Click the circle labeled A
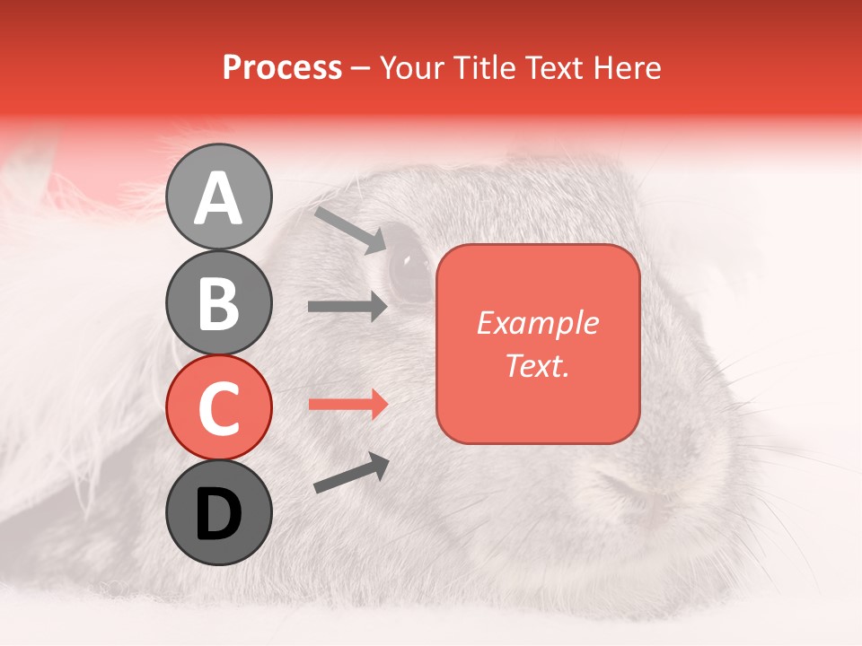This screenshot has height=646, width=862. [219, 196]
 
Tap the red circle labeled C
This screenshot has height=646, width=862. [219, 407]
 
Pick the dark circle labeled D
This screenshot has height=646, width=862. [219, 512]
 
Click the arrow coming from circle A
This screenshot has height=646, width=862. [350, 230]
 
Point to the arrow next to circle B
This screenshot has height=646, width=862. [347, 307]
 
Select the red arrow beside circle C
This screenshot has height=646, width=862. [347, 404]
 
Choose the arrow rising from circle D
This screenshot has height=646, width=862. [351, 473]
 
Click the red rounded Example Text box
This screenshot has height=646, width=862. [538, 344]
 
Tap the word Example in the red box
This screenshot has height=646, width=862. [538, 323]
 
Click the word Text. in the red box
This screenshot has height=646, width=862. [538, 365]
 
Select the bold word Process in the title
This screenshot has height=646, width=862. [282, 67]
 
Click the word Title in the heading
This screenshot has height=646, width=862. [486, 67]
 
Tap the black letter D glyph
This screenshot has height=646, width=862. [219, 513]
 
